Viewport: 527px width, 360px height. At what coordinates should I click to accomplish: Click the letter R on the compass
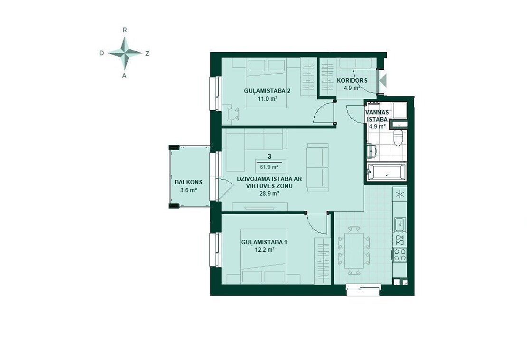click(125, 30)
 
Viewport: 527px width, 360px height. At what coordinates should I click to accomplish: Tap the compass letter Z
click(147, 53)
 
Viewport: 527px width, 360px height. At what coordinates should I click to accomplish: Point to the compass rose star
click(125, 53)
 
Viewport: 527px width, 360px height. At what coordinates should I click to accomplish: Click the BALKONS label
click(188, 182)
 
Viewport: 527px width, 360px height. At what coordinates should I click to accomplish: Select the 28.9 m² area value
click(270, 193)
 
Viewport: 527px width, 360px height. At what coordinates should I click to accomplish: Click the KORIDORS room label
click(352, 81)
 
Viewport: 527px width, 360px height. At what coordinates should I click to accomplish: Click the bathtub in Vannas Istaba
click(386, 172)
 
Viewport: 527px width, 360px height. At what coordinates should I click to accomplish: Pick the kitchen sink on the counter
click(400, 225)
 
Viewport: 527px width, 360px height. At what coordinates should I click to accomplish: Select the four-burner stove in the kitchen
click(400, 255)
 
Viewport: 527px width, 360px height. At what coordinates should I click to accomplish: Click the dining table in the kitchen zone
click(354, 250)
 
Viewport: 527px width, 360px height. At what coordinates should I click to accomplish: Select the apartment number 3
click(269, 156)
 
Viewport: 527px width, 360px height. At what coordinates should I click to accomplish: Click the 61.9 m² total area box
click(269, 167)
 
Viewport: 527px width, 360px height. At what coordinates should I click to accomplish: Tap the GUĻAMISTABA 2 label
click(267, 91)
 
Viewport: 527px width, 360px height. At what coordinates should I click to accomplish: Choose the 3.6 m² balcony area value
click(188, 190)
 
